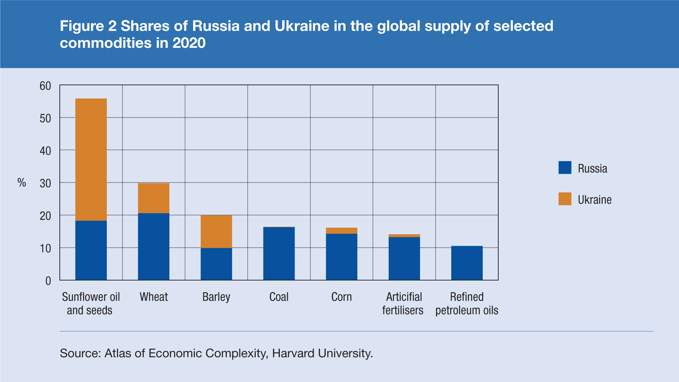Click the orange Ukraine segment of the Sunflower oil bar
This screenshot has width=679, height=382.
(91, 159)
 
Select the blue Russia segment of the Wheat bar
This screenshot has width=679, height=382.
(153, 247)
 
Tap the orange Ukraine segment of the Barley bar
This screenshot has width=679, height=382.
(216, 231)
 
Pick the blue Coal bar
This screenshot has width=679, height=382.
(279, 253)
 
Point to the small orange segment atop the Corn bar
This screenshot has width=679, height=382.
(341, 231)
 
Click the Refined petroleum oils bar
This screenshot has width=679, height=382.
(467, 263)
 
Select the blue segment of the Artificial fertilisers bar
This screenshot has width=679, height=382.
(404, 258)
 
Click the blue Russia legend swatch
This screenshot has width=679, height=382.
(565, 168)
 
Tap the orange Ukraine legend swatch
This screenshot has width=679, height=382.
(565, 199)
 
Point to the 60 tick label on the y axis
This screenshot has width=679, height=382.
(45, 86)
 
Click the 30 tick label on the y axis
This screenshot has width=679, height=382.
(45, 184)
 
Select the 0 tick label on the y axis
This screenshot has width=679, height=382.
(48, 281)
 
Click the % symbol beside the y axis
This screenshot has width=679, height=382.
(22, 183)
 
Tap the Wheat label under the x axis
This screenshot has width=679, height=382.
(153, 297)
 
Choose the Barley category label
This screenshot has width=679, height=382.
(216, 297)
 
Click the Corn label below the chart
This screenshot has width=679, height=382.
(341, 297)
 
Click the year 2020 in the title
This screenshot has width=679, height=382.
(189, 43)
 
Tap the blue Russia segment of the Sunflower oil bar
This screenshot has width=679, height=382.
(91, 250)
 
